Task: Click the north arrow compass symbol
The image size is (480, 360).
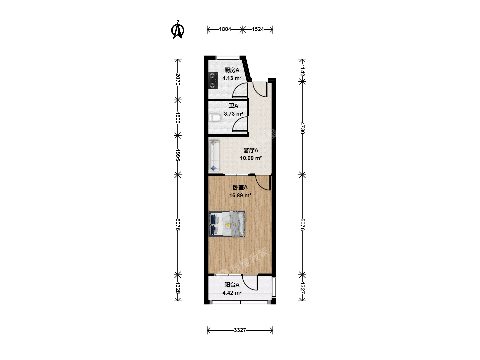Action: tap(178, 30)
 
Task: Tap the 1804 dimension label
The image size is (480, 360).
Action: tap(225, 29)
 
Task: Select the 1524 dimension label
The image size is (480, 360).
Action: tap(258, 29)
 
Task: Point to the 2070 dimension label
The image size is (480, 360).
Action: tap(178, 79)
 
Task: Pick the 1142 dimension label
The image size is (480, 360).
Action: tap(302, 70)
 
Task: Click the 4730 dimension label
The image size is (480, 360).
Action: tap(302, 128)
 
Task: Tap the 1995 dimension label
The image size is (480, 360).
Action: tap(178, 155)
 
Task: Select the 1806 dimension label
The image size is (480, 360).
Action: tap(178, 118)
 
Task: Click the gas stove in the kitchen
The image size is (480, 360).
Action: tap(213, 81)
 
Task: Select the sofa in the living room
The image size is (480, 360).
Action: tap(214, 156)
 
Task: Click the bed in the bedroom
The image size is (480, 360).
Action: tap(227, 224)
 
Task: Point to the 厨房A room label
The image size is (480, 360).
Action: tap(232, 70)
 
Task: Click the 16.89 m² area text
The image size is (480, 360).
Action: tap(240, 195)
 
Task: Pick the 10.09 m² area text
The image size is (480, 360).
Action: tap(251, 158)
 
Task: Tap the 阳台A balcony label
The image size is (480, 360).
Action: tap(232, 285)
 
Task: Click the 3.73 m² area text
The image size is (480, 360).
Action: tap(233, 114)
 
